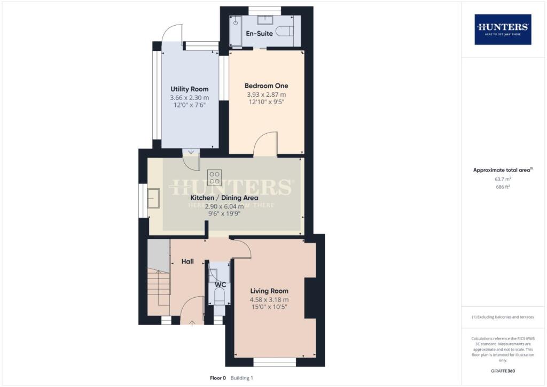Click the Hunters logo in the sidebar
coord(503,29)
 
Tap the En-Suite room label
coord(259,33)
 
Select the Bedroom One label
coord(266,86)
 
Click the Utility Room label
coord(189,89)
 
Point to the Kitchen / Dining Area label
coord(224,198)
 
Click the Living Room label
coord(269,291)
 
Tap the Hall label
coord(187,262)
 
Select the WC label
coord(220,285)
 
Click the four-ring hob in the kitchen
coord(215,177)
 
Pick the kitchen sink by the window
coord(154,198)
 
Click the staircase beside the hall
coord(158,289)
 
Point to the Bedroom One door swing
coord(265,144)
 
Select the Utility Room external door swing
coord(173,34)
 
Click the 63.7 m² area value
coord(503,180)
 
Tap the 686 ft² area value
coord(503,187)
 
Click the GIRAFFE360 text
coord(503,370)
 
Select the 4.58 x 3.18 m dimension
coord(269,299)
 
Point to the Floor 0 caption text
coord(218,378)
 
